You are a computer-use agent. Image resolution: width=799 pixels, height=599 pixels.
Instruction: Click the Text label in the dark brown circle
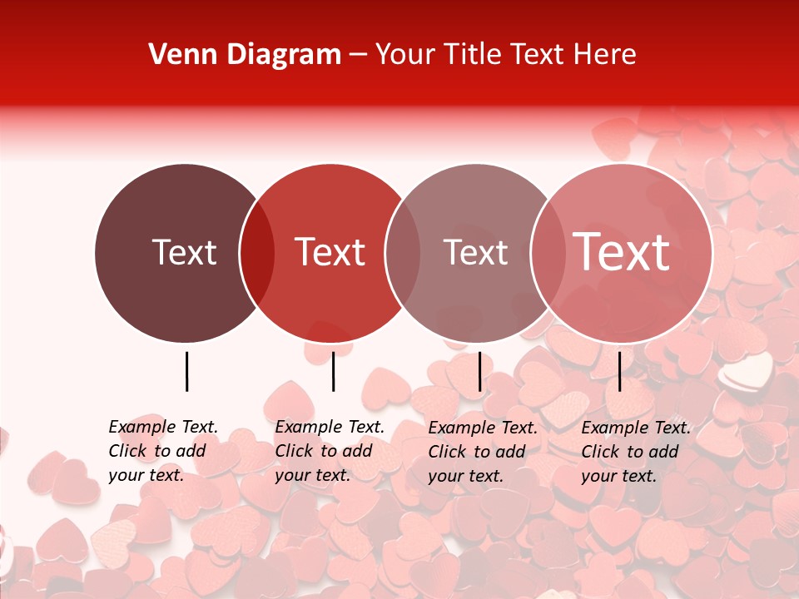[184, 252]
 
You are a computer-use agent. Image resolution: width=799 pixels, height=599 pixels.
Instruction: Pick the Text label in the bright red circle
[330, 252]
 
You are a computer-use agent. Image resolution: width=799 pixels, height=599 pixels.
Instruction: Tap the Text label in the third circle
[475, 252]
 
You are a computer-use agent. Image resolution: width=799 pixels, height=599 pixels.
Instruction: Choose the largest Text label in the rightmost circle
[622, 251]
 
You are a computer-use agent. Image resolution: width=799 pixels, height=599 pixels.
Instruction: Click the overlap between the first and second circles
[257, 253]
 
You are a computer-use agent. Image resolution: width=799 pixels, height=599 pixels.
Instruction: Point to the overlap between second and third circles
[403, 253]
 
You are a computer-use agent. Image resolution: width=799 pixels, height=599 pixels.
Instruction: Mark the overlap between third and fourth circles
[548, 253]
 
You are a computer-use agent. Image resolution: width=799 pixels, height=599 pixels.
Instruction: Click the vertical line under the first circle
[186, 371]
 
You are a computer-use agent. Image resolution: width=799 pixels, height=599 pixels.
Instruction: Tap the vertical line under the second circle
[333, 371]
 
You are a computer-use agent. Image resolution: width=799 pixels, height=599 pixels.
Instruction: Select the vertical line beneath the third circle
[479, 371]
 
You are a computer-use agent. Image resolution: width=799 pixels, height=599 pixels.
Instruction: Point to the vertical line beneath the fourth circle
[619, 371]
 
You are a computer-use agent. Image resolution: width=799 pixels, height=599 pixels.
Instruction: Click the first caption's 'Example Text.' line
[163, 427]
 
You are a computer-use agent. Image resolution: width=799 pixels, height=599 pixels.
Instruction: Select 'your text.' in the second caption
[312, 475]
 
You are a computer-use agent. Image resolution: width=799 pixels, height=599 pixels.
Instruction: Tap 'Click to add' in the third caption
[477, 452]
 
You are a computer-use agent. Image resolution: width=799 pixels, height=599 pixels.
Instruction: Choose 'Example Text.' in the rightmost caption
[636, 428]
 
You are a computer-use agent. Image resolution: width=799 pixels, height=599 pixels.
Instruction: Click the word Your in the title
[405, 55]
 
